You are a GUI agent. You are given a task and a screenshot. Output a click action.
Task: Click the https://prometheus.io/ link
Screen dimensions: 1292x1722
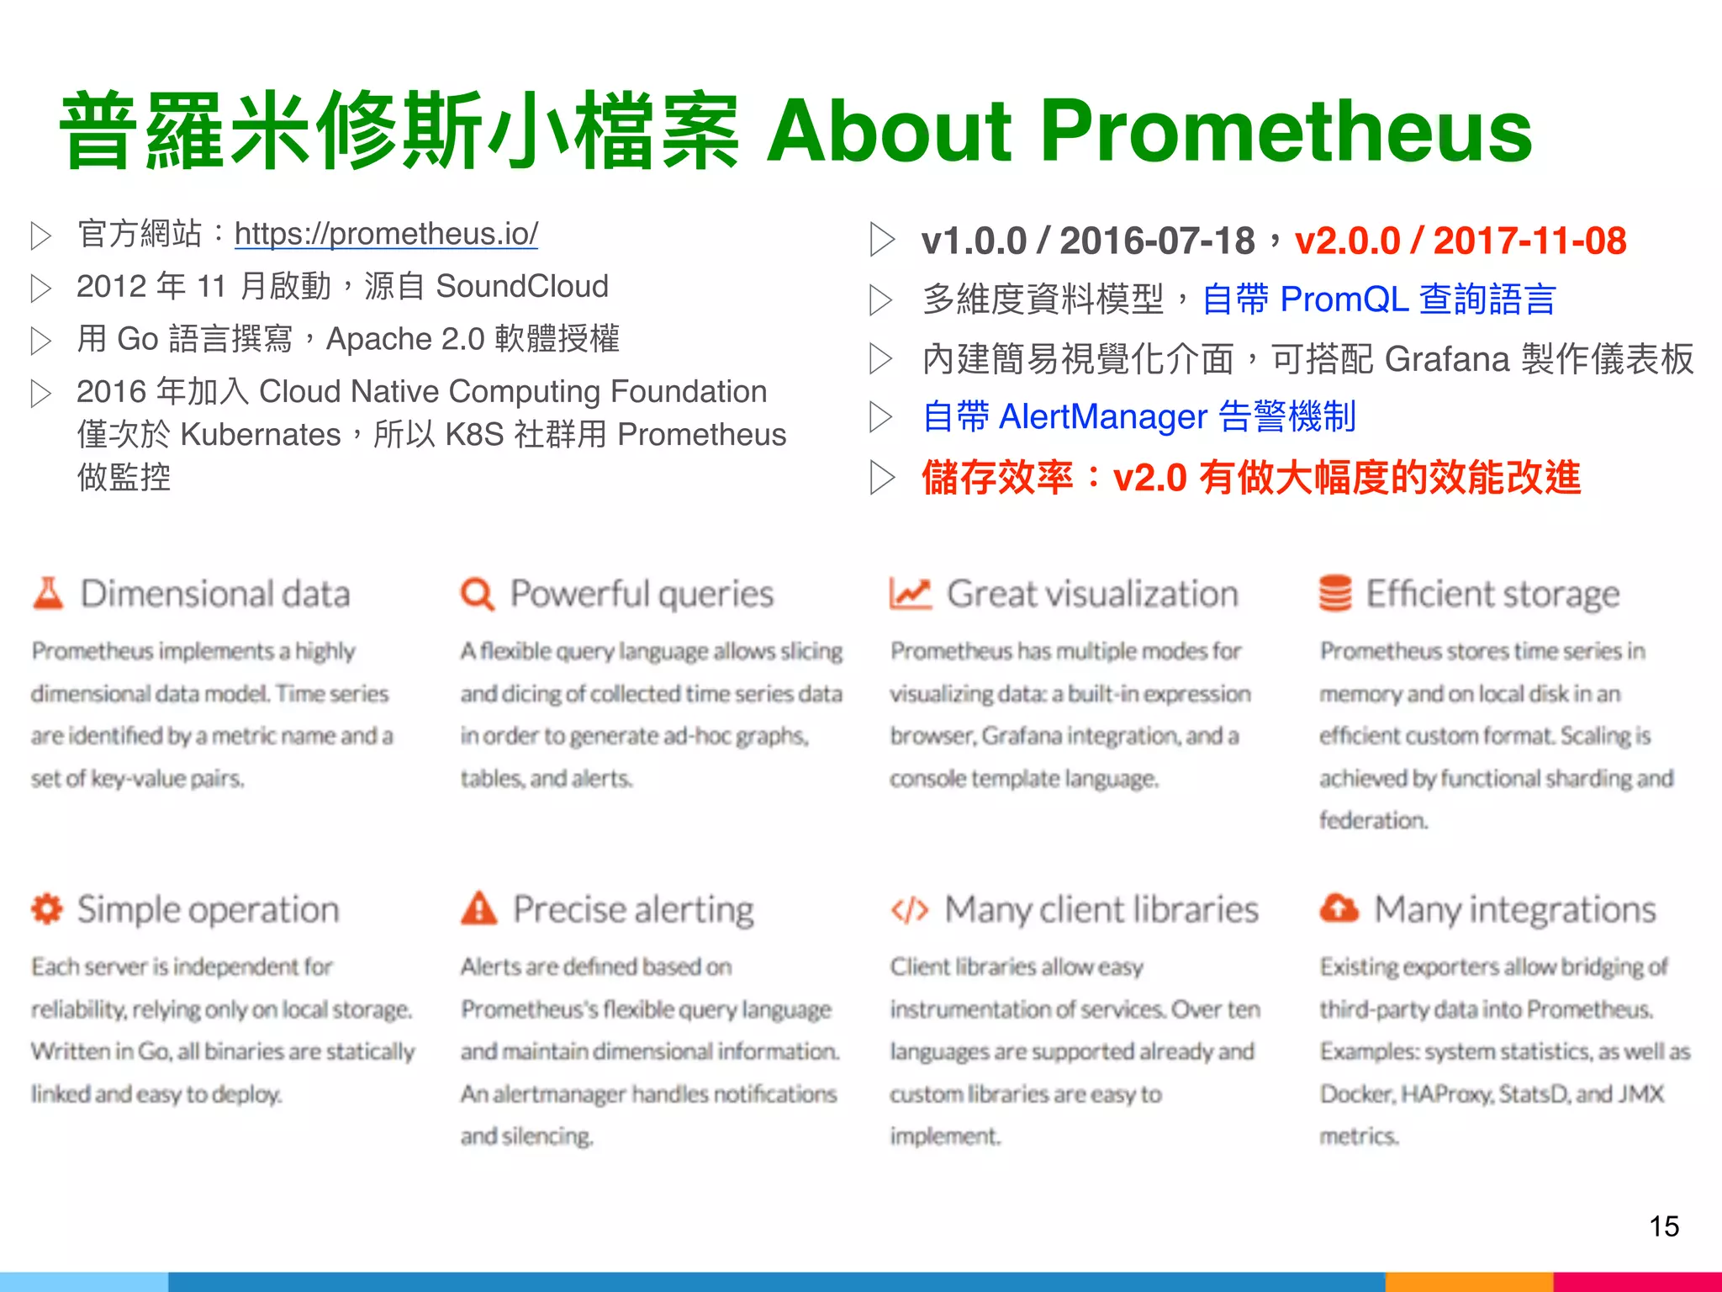coord(386,233)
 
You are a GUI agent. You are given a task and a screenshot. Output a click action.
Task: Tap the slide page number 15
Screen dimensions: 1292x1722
coord(1664,1226)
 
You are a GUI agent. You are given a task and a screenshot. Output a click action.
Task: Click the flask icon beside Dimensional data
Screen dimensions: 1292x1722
coord(48,593)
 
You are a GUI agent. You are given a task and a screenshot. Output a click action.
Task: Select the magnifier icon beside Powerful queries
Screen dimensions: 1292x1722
coord(478,594)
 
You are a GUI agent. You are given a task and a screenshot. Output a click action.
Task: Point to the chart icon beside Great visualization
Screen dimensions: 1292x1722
coord(910,594)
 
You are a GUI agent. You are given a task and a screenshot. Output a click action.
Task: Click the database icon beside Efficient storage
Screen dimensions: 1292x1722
coord(1335,594)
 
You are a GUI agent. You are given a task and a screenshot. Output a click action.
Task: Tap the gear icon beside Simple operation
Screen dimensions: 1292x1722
coord(47,909)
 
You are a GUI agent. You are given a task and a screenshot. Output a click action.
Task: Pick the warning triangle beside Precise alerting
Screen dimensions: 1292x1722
coord(479,909)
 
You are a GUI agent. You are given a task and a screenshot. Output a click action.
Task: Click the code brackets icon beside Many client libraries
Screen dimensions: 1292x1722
coord(910,910)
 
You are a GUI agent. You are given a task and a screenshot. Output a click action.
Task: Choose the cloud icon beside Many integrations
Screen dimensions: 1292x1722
coord(1339,908)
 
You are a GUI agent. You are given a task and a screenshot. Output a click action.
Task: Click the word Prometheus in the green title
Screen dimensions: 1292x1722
coord(1286,130)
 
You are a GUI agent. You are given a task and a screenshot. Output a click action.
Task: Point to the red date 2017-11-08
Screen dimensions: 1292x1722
coord(1529,241)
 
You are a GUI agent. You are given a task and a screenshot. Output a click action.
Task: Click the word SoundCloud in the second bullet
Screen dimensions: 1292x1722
coord(522,286)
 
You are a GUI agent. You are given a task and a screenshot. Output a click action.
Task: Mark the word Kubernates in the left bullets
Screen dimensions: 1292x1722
coord(261,434)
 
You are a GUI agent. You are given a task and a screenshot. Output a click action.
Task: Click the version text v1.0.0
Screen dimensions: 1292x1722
coord(974,241)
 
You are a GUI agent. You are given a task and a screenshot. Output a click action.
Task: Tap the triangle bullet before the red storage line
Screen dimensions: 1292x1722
coord(881,477)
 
